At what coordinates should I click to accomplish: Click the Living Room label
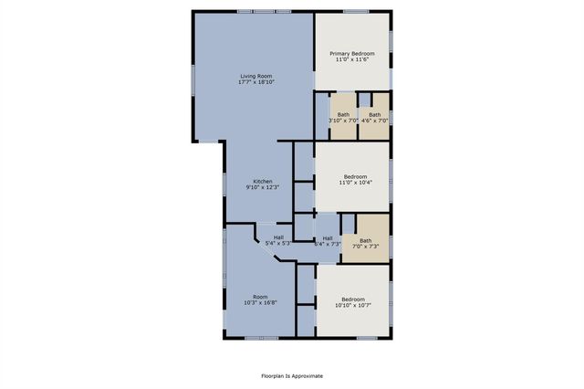(x=256, y=76)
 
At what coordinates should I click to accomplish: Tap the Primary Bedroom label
(x=352, y=53)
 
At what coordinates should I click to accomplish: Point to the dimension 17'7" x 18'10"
(x=256, y=82)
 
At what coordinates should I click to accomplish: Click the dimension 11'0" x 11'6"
(x=352, y=59)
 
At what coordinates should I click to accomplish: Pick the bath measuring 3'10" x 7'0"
(x=343, y=117)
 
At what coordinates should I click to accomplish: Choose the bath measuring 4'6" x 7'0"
(x=374, y=117)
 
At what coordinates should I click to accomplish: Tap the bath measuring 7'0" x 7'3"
(x=365, y=243)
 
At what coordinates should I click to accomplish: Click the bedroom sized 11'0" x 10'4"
(x=355, y=179)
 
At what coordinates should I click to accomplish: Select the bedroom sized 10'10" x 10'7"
(x=353, y=302)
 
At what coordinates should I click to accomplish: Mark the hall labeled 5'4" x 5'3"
(x=278, y=240)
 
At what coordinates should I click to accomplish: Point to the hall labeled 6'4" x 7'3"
(x=327, y=241)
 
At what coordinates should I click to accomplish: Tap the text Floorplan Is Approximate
(x=292, y=375)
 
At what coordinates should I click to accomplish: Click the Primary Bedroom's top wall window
(x=356, y=11)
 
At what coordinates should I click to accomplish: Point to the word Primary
(x=340, y=53)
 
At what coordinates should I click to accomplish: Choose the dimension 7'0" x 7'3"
(x=365, y=247)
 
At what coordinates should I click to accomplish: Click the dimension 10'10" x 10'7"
(x=353, y=306)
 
